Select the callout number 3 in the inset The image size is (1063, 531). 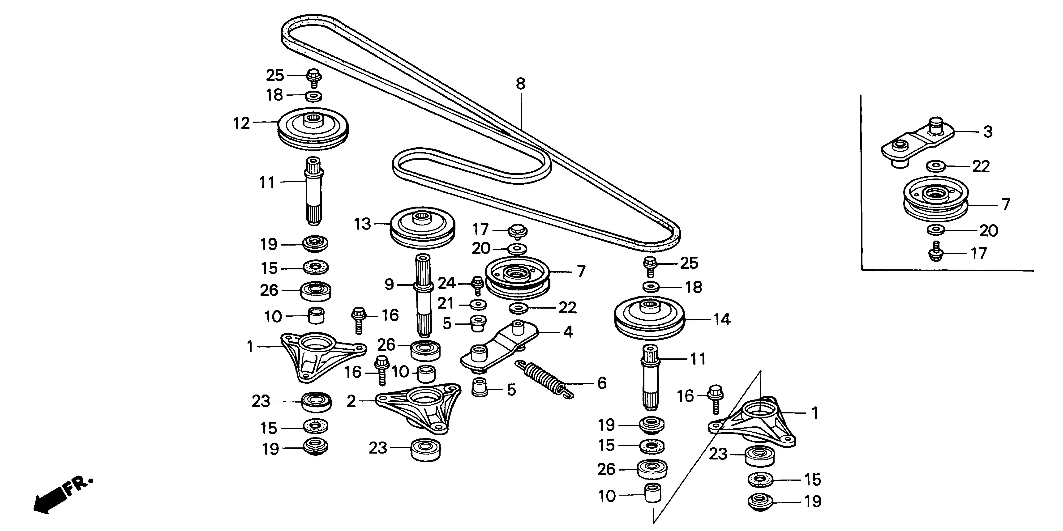tap(987, 132)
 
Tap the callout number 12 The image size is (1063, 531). tap(242, 123)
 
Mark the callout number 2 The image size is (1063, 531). tap(351, 401)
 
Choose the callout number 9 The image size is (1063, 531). tap(389, 285)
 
